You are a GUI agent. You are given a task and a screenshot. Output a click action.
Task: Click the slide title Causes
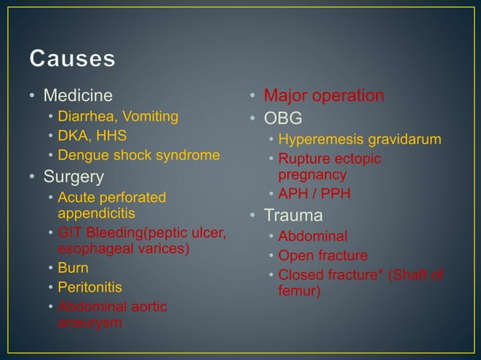pos(72,58)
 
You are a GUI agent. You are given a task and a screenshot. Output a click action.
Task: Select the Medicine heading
pos(78,96)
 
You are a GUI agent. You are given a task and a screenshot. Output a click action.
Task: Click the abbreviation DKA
pos(72,136)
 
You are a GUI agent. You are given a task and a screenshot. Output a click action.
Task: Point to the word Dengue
pos(82,156)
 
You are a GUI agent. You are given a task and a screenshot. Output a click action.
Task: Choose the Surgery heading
pos(73,177)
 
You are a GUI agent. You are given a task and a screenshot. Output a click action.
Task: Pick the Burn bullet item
pos(73,268)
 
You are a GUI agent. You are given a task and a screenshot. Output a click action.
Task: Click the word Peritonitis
pos(90,288)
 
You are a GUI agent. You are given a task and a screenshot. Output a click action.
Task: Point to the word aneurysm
pos(90,322)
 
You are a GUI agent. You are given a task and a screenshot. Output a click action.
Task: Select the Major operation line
pos(323,96)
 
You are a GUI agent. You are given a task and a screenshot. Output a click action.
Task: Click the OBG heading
pos(283,119)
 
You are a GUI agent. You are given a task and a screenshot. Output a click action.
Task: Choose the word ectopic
pos(357,159)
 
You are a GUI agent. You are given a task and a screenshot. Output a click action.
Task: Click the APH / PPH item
pos(314,194)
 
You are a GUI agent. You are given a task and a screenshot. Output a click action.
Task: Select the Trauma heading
pos(293,215)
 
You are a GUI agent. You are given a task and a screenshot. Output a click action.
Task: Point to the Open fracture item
pos(323,255)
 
